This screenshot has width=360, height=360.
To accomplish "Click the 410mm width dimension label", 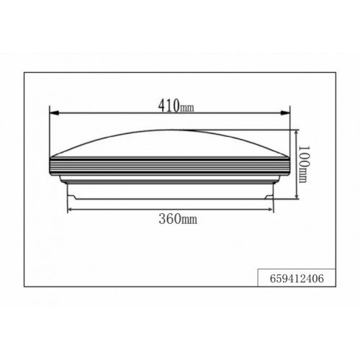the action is coord(176,105).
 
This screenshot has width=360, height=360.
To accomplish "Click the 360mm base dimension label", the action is coord(178,219).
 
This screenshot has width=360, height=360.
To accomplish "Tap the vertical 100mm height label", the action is coord(303,164).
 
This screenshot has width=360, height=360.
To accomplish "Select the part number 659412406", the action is coord(297,279).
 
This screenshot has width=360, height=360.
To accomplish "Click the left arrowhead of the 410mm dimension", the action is coord(54,112).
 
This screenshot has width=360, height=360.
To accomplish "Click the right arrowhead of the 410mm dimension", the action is coord(285,112).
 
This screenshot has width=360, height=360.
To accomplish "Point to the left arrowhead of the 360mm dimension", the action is coord(70,210).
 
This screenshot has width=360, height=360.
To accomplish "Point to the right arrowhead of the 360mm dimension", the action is coord(271,210).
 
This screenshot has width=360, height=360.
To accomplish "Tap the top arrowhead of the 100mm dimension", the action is coord(297,133).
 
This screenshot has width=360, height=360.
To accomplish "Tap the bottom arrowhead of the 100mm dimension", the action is coord(297,196).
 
